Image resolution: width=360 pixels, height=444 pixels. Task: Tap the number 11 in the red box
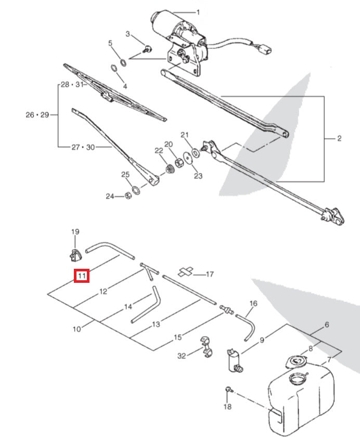[x=82, y=276]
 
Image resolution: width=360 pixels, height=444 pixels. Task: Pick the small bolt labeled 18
[x=228, y=389]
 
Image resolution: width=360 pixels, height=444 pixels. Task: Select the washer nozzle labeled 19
[x=75, y=254]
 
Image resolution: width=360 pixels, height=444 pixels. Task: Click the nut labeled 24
[x=128, y=196]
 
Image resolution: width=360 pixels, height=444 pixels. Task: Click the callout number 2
[x=339, y=138]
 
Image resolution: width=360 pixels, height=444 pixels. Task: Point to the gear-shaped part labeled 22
[x=168, y=169]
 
